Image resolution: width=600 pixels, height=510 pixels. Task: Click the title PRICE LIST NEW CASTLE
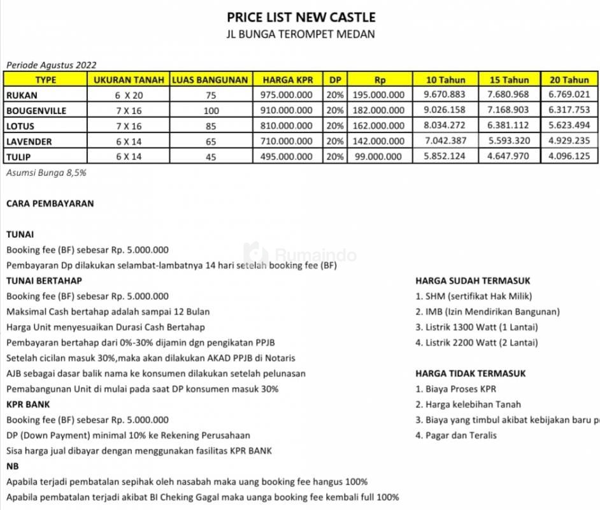(x=301, y=17)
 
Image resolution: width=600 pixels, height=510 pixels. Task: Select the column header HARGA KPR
(x=287, y=80)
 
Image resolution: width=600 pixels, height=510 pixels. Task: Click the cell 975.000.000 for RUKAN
(x=287, y=95)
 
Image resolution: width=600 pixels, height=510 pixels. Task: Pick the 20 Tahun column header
(x=569, y=80)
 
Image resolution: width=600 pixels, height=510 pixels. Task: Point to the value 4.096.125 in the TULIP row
(x=569, y=156)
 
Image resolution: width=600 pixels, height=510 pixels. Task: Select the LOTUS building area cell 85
(x=211, y=126)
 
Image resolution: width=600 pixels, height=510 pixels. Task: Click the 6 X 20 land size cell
(x=131, y=95)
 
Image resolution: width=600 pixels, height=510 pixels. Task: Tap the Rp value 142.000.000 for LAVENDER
(x=379, y=141)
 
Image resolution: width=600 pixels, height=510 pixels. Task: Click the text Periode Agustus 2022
(x=51, y=64)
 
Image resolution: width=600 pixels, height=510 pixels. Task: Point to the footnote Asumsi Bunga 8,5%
(x=46, y=172)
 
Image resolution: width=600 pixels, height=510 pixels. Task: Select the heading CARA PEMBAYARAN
(x=50, y=203)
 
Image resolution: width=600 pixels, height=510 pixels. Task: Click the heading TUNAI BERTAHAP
(x=44, y=280)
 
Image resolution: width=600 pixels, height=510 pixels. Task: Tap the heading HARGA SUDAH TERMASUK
(x=473, y=280)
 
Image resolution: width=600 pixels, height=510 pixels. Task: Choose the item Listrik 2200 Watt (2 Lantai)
(x=476, y=342)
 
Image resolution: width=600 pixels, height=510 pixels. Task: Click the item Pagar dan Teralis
(x=456, y=435)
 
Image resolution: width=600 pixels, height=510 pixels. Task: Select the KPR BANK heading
(x=28, y=404)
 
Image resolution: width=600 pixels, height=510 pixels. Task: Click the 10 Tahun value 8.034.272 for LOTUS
(x=444, y=126)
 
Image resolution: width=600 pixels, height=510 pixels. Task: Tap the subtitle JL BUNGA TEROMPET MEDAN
(x=301, y=34)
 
